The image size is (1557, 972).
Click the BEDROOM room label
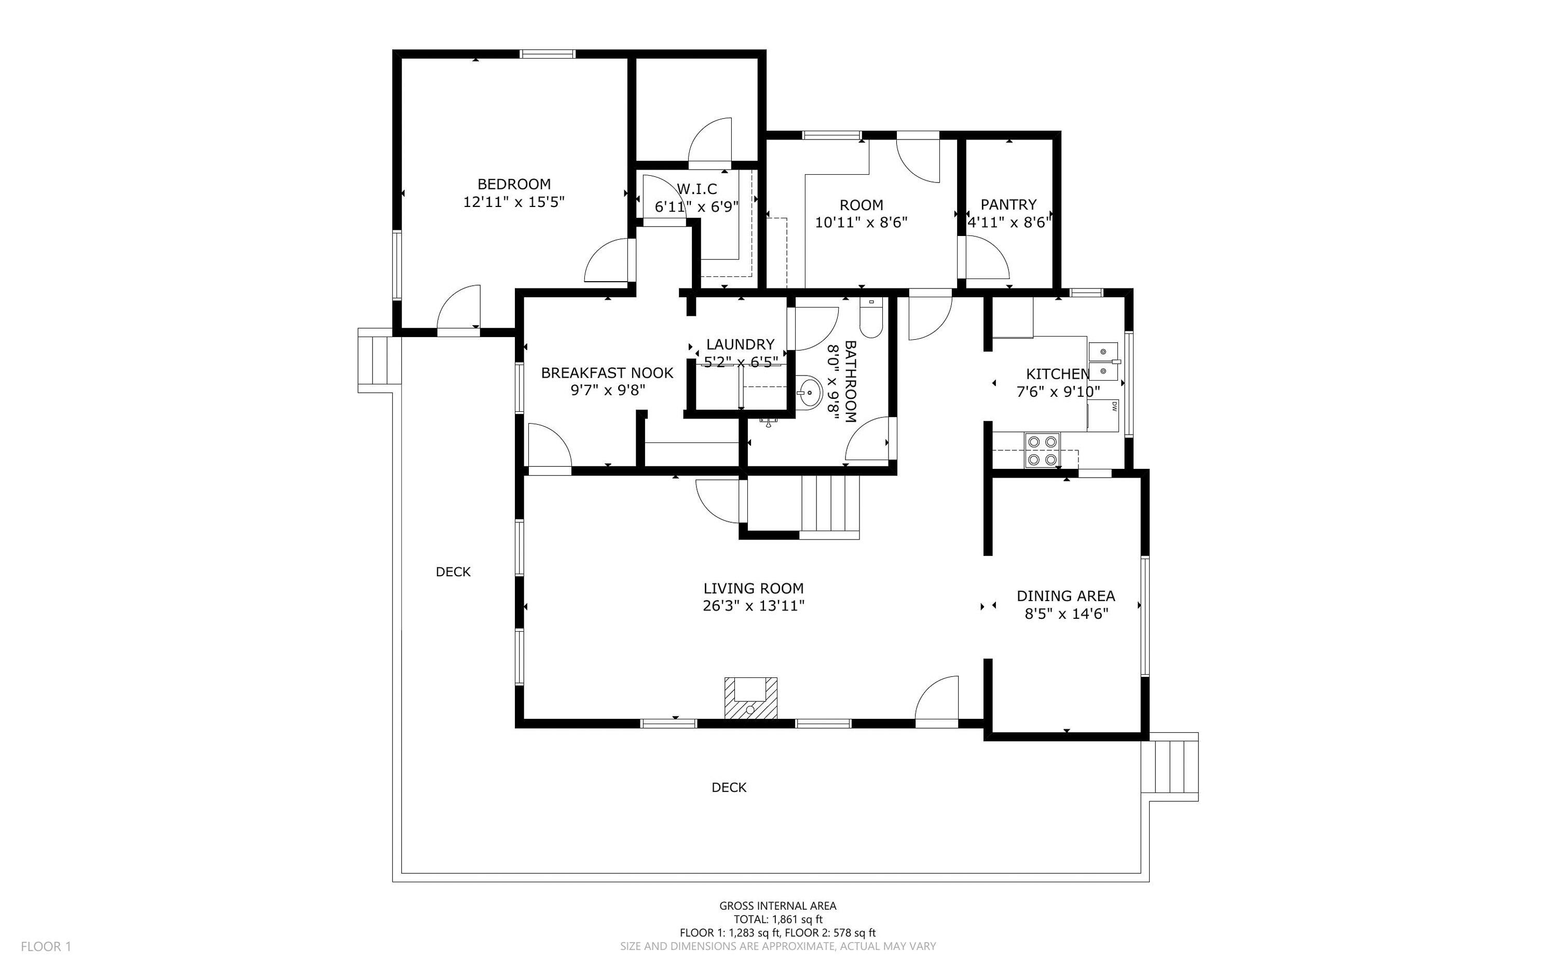[x=513, y=184]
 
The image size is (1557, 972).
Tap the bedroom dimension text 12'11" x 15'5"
[x=513, y=202]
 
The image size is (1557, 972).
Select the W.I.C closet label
[x=696, y=189]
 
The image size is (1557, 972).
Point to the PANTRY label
[x=1008, y=204]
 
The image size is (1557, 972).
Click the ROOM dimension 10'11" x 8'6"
[x=861, y=223]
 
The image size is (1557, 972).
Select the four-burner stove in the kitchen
[x=1042, y=450]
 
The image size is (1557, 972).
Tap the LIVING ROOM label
[x=753, y=588]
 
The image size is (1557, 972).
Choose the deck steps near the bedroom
[x=376, y=359]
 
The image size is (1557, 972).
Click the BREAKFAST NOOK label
[x=607, y=373]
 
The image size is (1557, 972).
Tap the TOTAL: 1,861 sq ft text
[x=777, y=919]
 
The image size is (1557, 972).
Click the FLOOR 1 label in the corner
[x=46, y=946]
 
